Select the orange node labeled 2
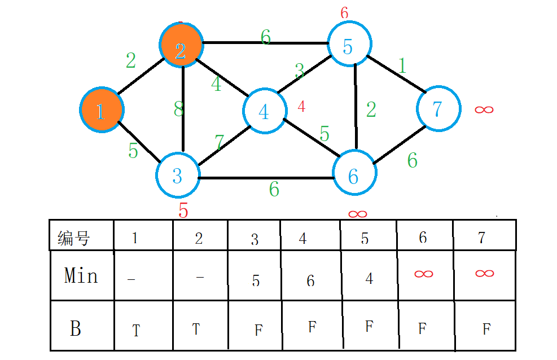tap(181, 45)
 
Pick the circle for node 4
tap(264, 111)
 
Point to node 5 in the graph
tap(349, 45)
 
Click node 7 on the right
tap(438, 108)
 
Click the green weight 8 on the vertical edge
tap(179, 110)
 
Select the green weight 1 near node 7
tap(402, 66)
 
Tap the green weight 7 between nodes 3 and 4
tap(220, 143)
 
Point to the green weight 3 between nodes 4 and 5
tap(300, 72)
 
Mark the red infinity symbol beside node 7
tap(484, 109)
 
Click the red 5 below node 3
tap(183, 210)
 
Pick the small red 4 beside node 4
tap(301, 106)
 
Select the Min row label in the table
tap(81, 276)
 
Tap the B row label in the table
tap(76, 328)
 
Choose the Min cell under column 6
tap(424, 274)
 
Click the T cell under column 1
tap(136, 331)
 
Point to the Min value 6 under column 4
tap(310, 280)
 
